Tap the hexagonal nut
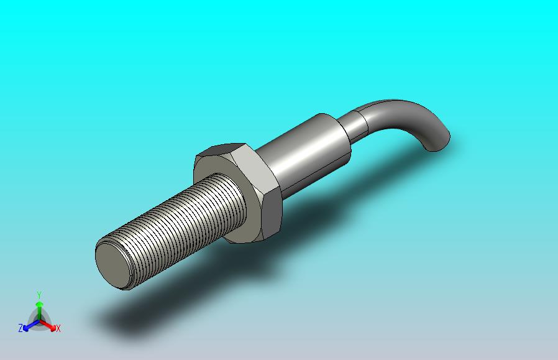coord(238,192)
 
